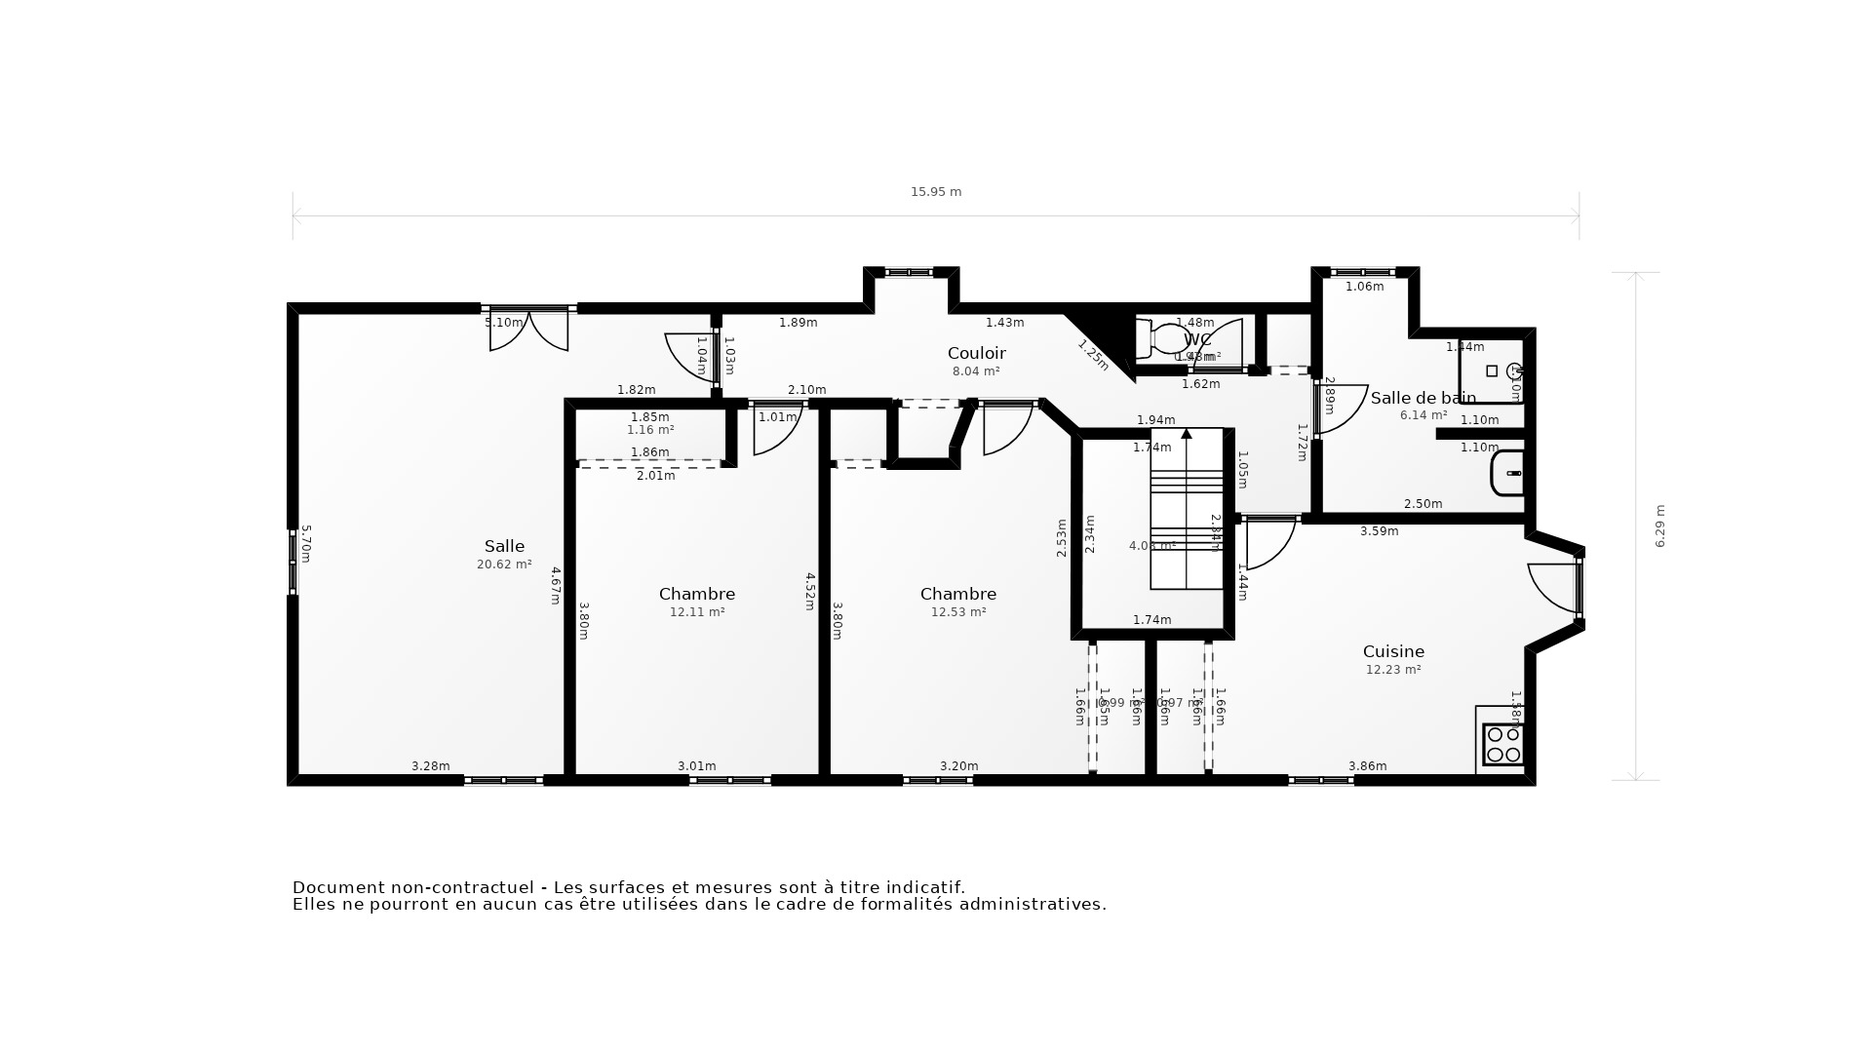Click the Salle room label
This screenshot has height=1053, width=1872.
pos(504,547)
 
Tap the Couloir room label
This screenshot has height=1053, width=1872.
pos(976,353)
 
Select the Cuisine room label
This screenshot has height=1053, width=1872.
pos(1393,651)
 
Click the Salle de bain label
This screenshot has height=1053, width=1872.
pos(1423,398)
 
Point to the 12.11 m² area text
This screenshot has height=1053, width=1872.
pos(696,612)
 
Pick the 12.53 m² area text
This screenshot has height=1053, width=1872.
pos(958,612)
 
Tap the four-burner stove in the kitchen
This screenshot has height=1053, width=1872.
pos(1502,744)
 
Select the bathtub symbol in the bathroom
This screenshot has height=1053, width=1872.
pos(1507,473)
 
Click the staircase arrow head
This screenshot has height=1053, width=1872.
pos(1187,433)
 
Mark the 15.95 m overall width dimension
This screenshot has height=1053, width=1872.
pos(936,192)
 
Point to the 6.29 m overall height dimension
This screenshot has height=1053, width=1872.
pos(1660,526)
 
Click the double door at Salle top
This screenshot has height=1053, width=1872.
pos(528,330)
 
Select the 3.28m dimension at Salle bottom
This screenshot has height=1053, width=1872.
pos(430,766)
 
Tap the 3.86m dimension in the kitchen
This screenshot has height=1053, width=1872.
pos(1367,766)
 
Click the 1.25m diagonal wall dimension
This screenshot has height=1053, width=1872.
pos(1093,354)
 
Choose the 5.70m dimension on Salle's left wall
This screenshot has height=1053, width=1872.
pos(305,544)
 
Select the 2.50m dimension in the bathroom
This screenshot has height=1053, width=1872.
pos(1423,504)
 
